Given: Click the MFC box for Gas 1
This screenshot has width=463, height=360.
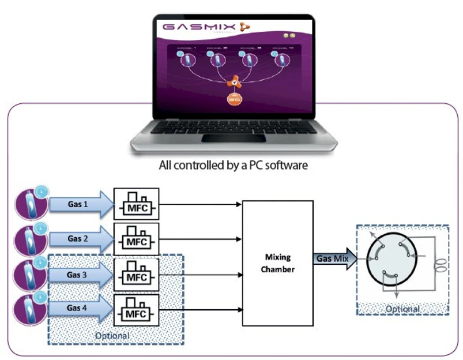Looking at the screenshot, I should point(135,204).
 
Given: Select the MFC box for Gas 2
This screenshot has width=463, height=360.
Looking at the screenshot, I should point(135,238).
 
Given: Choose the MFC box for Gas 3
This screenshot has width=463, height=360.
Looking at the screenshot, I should point(135,275).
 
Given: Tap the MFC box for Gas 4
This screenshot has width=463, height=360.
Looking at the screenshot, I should point(135,309).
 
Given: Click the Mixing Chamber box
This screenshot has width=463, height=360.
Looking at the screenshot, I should point(278,262).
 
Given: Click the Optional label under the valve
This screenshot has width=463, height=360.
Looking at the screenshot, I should point(402,309).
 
